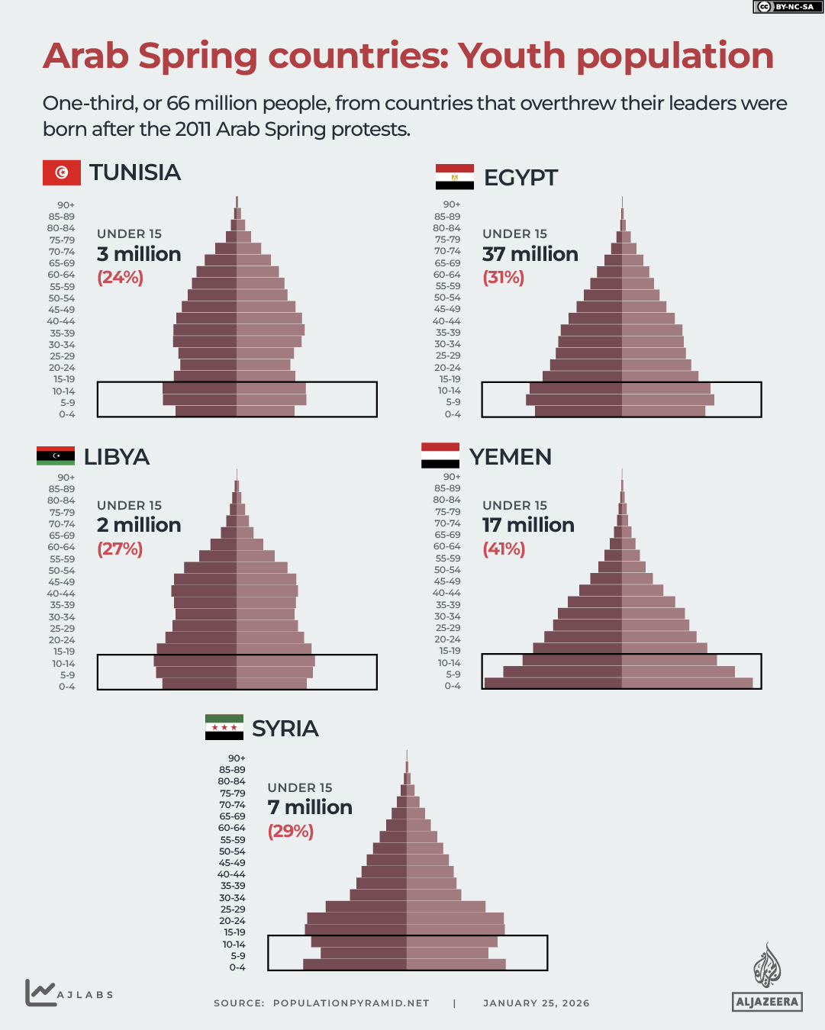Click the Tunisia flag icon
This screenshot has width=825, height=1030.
[x=62, y=172]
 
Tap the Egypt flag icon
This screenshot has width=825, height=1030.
[x=454, y=177]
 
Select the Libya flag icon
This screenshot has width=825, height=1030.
[x=56, y=456]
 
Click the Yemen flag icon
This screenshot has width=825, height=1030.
[x=440, y=455]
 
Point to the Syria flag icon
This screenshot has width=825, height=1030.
[x=224, y=728]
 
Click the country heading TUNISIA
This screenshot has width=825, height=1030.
[x=135, y=172]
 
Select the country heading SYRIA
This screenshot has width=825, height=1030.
[x=285, y=729]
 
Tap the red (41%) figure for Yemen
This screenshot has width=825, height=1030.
[x=504, y=549]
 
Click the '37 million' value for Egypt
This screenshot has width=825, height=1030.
[x=530, y=254]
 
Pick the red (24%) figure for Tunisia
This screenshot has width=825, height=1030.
[x=120, y=277]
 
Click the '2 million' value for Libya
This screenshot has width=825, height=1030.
[x=139, y=525]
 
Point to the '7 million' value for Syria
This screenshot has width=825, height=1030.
[x=310, y=807]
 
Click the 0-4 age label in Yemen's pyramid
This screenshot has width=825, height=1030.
[x=453, y=686]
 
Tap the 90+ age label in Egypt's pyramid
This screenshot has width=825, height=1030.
[x=452, y=204]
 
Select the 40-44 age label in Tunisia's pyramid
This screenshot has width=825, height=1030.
[x=61, y=321]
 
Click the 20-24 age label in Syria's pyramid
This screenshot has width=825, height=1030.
[x=233, y=921]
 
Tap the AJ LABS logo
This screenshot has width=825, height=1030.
[x=69, y=993]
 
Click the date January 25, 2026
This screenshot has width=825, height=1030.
[x=536, y=1003]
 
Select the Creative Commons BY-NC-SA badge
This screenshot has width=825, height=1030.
[x=788, y=7]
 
